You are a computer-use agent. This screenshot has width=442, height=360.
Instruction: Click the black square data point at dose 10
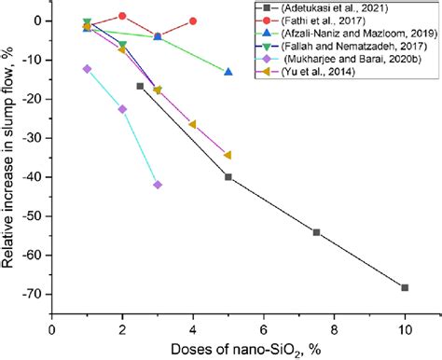click(405, 287)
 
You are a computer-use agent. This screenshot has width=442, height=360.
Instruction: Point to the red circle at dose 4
click(193, 21)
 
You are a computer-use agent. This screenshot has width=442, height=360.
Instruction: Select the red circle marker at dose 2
click(122, 16)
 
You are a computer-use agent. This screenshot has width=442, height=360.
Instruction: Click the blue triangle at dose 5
click(228, 72)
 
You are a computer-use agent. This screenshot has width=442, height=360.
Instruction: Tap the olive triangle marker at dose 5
click(228, 155)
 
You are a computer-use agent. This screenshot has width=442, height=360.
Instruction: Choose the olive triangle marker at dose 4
click(193, 124)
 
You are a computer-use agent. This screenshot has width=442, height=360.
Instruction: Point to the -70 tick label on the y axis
click(37, 294)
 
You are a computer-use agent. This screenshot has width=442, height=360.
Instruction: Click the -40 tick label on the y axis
click(37, 177)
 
